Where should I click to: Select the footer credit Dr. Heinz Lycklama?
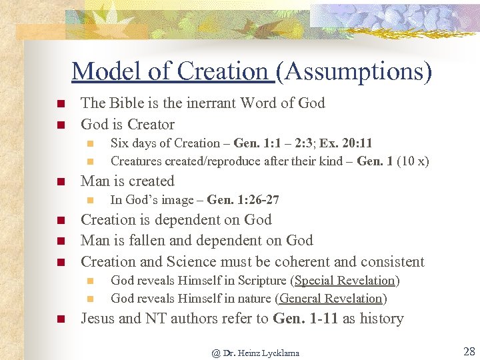[261, 353]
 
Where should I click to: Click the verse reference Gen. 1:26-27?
[243, 199]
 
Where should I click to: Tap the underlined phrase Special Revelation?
[345, 281]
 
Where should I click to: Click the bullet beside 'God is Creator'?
[59, 125]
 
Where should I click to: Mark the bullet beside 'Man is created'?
[59, 181]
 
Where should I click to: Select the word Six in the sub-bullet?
[120, 143]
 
